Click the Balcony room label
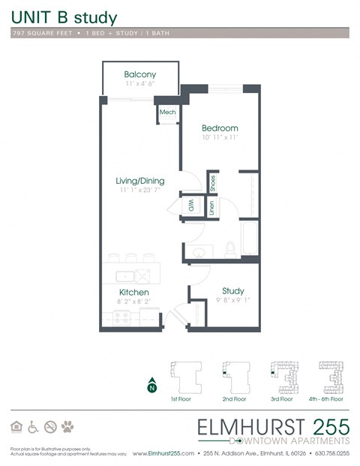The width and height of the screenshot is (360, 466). click(140, 74)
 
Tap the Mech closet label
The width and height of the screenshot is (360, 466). click(166, 113)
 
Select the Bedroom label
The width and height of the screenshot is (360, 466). click(220, 128)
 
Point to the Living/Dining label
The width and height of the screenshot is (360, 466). click(139, 181)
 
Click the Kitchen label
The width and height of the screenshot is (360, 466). click(133, 292)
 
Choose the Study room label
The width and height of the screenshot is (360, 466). click(232, 291)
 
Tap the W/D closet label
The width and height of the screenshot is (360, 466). click(190, 205)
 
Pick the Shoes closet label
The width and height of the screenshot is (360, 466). click(213, 182)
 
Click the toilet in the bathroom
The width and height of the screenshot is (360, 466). click(232, 247)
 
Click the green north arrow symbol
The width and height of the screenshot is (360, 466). click(152, 385)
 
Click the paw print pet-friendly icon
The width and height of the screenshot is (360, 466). click(68, 427)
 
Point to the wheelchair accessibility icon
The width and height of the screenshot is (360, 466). click(33, 427)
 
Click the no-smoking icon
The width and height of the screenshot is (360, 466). click(50, 427)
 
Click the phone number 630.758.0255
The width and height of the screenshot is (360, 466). click(331, 454)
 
